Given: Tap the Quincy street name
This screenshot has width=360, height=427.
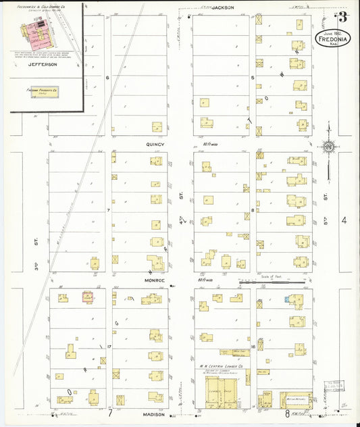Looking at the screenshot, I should [155, 144].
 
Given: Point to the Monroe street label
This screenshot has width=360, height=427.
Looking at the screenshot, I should [155, 279].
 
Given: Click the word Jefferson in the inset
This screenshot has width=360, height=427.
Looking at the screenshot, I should [42, 65].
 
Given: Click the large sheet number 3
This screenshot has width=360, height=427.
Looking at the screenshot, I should [343, 18].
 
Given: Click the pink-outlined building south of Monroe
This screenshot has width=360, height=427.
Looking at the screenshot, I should [87, 297].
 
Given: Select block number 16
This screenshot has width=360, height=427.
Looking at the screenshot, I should [252, 347].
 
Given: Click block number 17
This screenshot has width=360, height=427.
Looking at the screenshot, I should [108, 347].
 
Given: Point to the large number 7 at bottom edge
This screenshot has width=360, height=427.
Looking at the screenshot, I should [109, 411].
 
